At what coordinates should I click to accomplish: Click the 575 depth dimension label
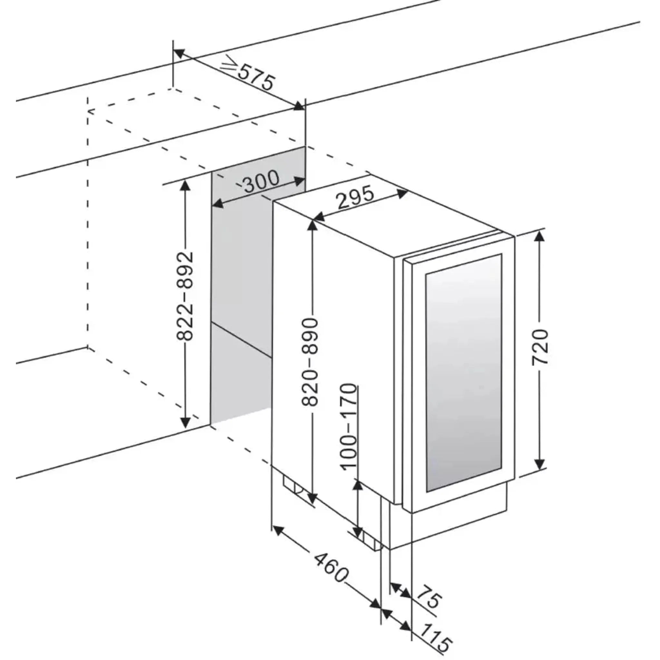[x=256, y=78]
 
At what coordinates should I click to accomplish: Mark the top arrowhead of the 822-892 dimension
[x=185, y=185]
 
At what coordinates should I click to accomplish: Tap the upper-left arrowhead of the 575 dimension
[x=179, y=53]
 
